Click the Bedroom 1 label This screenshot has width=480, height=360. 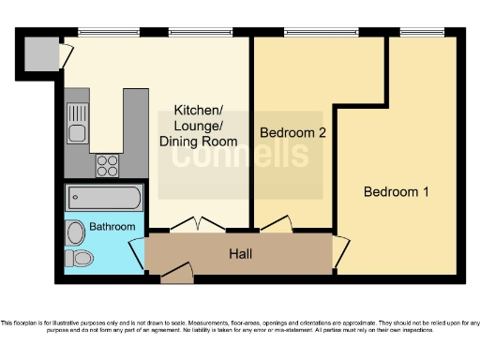pos(396,192)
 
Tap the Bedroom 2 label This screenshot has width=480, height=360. pos(292,133)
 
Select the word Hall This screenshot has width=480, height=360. pos(241,253)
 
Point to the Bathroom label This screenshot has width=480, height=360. pos(112,227)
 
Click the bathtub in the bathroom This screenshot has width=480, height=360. pos(104,199)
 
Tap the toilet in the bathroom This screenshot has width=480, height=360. pos(79,258)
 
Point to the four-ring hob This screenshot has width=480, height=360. pos(107,166)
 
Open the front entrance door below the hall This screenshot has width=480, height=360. pos(175,273)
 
